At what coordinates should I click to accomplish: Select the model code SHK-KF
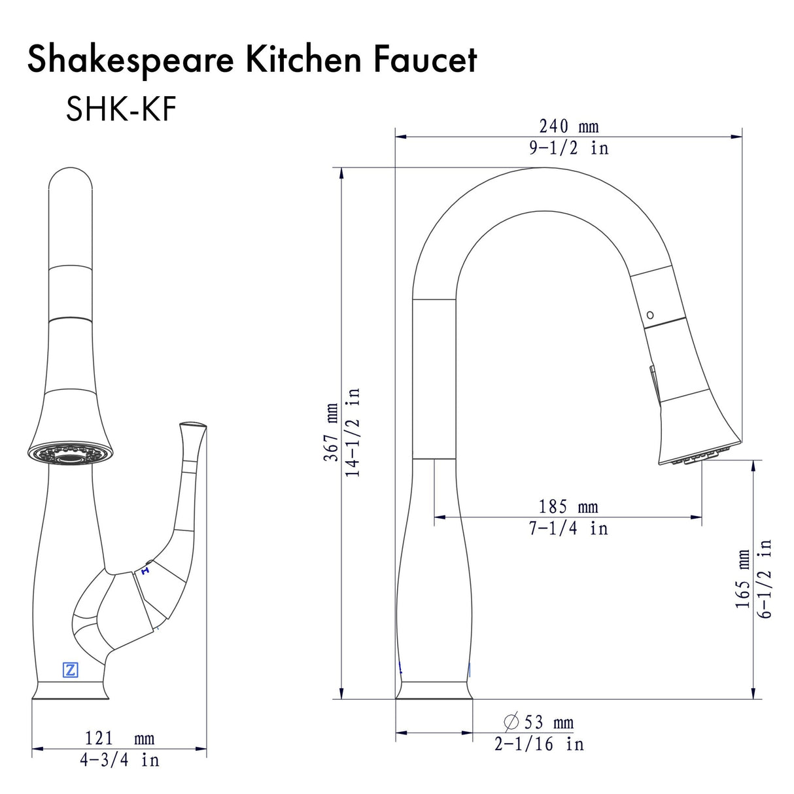(x=121, y=109)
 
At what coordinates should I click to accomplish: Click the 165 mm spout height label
(x=744, y=578)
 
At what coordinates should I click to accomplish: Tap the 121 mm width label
(x=119, y=738)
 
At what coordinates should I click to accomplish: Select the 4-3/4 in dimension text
(x=119, y=760)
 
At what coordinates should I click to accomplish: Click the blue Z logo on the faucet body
(x=70, y=670)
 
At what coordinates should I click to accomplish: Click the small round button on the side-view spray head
(x=649, y=315)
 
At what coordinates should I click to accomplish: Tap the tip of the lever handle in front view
(x=193, y=426)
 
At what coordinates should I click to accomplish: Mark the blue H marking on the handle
(x=145, y=571)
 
